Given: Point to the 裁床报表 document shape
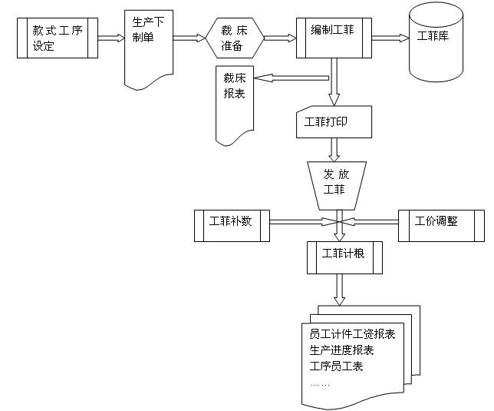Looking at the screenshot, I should (235, 103).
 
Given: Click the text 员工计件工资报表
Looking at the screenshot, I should (352, 334).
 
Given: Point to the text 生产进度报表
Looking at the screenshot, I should (341, 350).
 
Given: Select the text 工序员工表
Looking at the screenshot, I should (336, 366).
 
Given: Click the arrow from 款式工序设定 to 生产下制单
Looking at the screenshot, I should (111, 38).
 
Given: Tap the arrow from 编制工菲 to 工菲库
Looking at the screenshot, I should (390, 37).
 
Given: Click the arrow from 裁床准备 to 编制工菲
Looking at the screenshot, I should (278, 38).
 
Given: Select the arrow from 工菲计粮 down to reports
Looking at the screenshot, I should (337, 289).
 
